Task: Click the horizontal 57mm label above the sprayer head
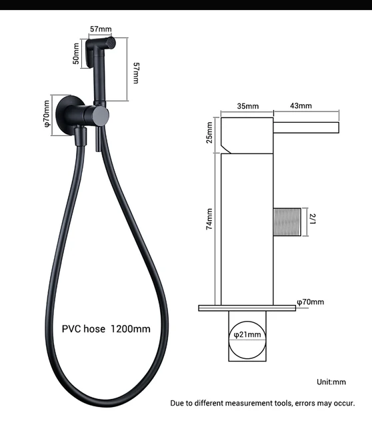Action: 101,29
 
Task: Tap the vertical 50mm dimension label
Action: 77,54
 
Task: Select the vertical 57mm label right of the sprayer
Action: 136,73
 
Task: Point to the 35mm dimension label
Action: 247,106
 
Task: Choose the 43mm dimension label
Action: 301,106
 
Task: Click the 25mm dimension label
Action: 210,132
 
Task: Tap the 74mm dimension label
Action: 210,219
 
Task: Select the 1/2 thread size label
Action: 311,218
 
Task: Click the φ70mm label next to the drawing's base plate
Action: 310,302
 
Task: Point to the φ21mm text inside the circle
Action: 247,334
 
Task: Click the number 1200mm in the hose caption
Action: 130,328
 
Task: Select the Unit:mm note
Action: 331,382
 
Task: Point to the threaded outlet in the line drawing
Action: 287,218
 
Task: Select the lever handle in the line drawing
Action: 308,127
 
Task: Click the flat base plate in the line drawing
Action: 247,308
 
